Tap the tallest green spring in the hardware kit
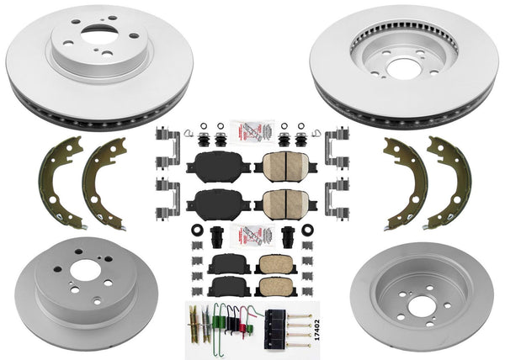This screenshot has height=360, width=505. pos(217,320)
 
